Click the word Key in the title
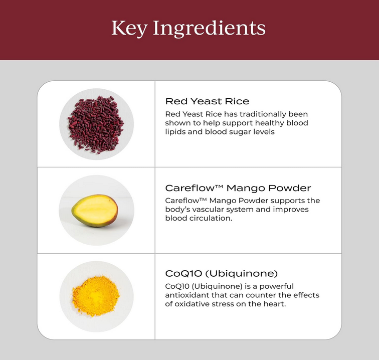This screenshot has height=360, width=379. point(129,29)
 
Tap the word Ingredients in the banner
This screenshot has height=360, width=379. point(210,29)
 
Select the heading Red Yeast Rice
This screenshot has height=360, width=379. point(207,101)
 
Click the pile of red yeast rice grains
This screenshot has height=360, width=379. point(96,124)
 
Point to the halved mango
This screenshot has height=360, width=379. point(95,211)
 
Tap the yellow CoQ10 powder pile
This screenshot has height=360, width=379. point(96,296)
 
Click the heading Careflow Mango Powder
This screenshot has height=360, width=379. point(238,188)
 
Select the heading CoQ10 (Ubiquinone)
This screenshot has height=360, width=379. point(222,273)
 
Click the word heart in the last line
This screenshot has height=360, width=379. point(275,304)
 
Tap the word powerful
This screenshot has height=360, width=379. point(277,287)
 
